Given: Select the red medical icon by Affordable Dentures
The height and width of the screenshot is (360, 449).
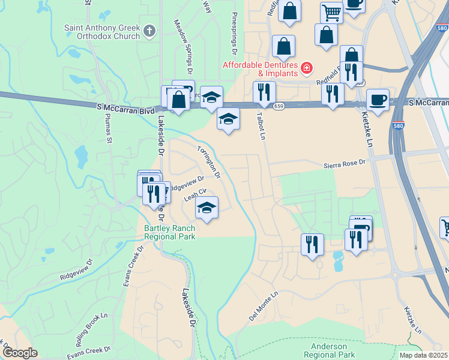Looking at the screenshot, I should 307,68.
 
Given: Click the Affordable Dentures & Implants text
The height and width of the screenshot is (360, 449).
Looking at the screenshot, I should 261,69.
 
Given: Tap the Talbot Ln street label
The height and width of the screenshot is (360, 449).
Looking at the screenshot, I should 261,125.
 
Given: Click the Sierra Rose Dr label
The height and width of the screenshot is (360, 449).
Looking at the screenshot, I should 345,163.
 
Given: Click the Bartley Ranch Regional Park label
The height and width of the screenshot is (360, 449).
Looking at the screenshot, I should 169,232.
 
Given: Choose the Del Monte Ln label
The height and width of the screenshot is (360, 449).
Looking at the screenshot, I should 264,307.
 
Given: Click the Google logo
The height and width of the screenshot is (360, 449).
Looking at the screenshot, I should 19,353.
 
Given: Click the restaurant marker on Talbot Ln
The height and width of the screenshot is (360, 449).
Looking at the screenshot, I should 264,92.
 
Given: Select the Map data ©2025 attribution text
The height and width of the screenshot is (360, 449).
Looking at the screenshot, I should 423,355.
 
